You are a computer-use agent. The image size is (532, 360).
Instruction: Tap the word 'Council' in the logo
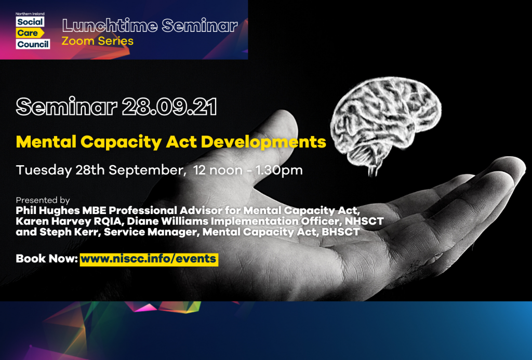[33, 44]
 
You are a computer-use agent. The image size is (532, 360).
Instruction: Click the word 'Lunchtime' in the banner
[110, 26]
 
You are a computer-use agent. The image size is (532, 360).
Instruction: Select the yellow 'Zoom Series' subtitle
[97, 41]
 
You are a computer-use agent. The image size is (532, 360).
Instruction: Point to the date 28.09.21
[169, 107]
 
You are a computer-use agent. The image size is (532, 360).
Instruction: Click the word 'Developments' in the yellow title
[263, 142]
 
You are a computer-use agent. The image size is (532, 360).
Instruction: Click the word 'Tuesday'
[44, 170]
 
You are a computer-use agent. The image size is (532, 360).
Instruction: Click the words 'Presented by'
[43, 200]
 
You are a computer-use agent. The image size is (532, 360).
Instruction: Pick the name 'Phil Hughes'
[48, 210]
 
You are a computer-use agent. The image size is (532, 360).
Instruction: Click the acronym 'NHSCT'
[364, 221]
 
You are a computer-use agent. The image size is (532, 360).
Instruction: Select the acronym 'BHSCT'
[341, 232]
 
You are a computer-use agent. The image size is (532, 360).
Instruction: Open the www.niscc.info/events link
[149, 259]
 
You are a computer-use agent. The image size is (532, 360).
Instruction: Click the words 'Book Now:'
[47, 259]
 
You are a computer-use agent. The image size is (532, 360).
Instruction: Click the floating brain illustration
[386, 122]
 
